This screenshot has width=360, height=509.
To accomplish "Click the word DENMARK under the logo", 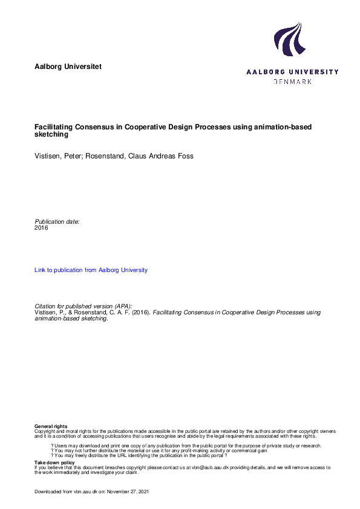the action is pos(293,82).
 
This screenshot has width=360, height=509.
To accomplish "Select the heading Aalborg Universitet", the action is pos(68,66).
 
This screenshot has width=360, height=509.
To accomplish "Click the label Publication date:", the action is pos(57,221).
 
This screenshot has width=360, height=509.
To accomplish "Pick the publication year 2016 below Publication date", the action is pos(41,228).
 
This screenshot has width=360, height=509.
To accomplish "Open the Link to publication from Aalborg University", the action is pos(91,270).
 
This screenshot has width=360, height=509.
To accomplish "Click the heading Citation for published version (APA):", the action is pos(83,306).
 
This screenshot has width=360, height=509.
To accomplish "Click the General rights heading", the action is pos(51,427).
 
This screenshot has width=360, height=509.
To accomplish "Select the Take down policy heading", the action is pos(54,462).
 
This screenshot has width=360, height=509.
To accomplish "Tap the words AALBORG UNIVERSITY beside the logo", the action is pos(293,72).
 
